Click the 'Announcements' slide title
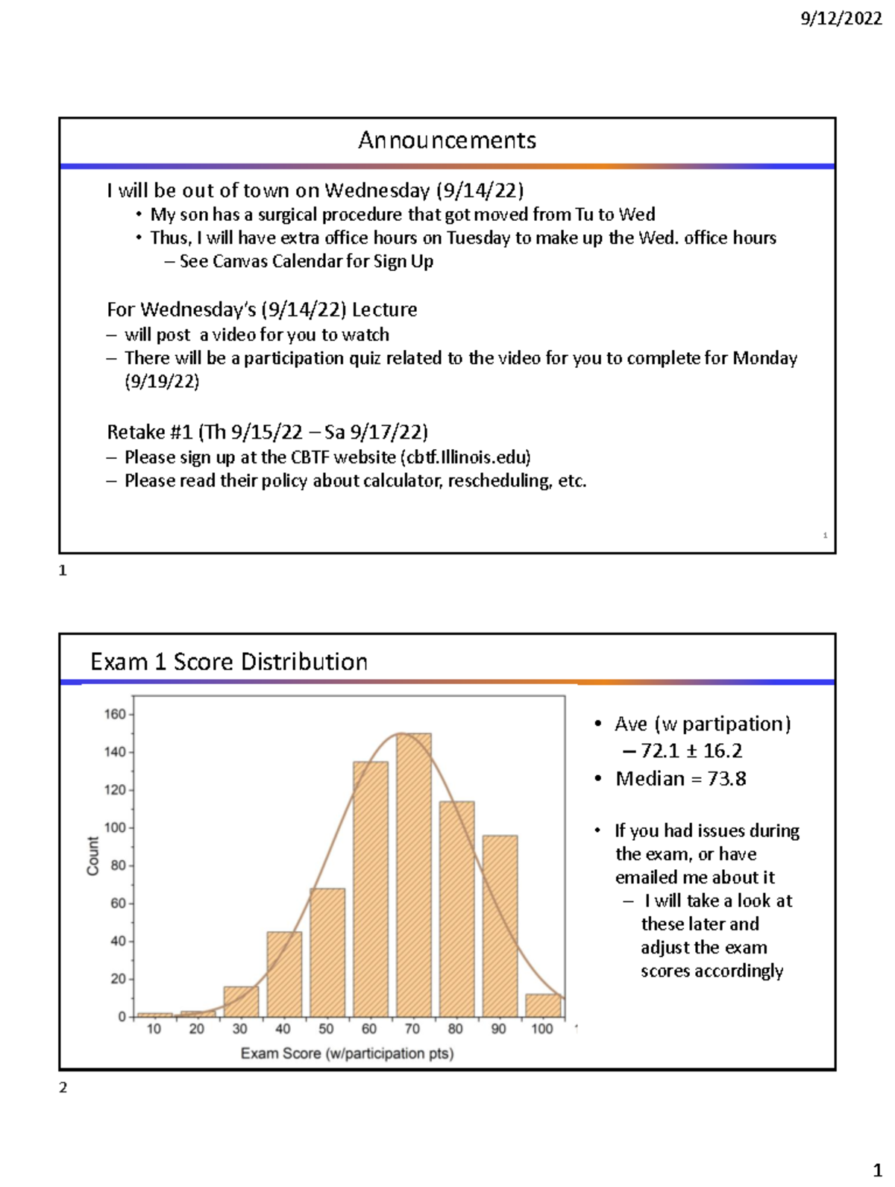pyautogui.click(x=447, y=140)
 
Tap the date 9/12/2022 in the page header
pyautogui.click(x=841, y=19)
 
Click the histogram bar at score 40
pyautogui.click(x=284, y=974)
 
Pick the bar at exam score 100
pyautogui.click(x=542, y=1005)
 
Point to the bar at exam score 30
pyautogui.click(x=241, y=1001)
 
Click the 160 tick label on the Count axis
pyautogui.click(x=115, y=715)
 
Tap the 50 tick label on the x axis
pyautogui.click(x=326, y=1029)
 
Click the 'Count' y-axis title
pyautogui.click(x=93, y=856)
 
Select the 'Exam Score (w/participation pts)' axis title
pyautogui.click(x=347, y=1053)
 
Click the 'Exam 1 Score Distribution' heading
pyautogui.click(x=229, y=662)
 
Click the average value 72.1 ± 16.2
pyautogui.click(x=691, y=751)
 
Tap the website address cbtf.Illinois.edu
pyautogui.click(x=465, y=457)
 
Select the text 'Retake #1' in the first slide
pyautogui.click(x=149, y=432)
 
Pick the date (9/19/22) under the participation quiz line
pyautogui.click(x=162, y=382)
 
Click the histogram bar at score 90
pyautogui.click(x=500, y=926)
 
